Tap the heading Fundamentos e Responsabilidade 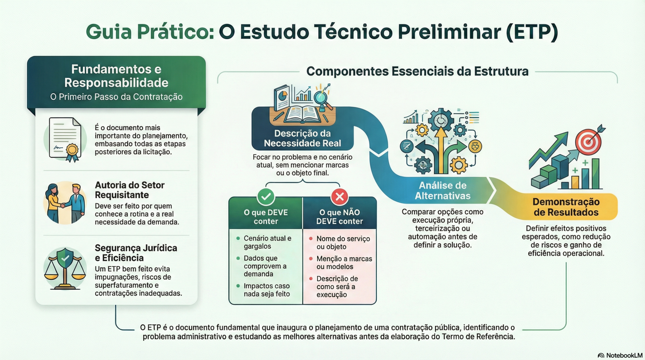pyautogui.click(x=116, y=76)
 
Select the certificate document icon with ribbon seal pyautogui.click(x=65, y=140)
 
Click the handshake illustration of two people pyautogui.click(x=65, y=203)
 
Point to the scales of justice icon pyautogui.click(x=65, y=269)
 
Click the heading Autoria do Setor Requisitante pyautogui.click(x=130, y=190)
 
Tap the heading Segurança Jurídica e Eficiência pyautogui.click(x=136, y=253)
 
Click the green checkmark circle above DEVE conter pyautogui.click(x=266, y=197)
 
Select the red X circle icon pyautogui.click(x=339, y=197)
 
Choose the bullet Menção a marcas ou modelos pyautogui.click(x=344, y=263)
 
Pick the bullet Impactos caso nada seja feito pyautogui.click(x=266, y=290)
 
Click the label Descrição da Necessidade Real pyautogui.click(x=303, y=138)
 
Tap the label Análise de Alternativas pyautogui.click(x=443, y=190)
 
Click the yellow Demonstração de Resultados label pyautogui.click(x=566, y=207)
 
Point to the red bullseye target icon pyautogui.click(x=588, y=142)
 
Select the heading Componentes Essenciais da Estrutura pyautogui.click(x=417, y=71)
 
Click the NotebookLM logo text pyautogui.click(x=624, y=355)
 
